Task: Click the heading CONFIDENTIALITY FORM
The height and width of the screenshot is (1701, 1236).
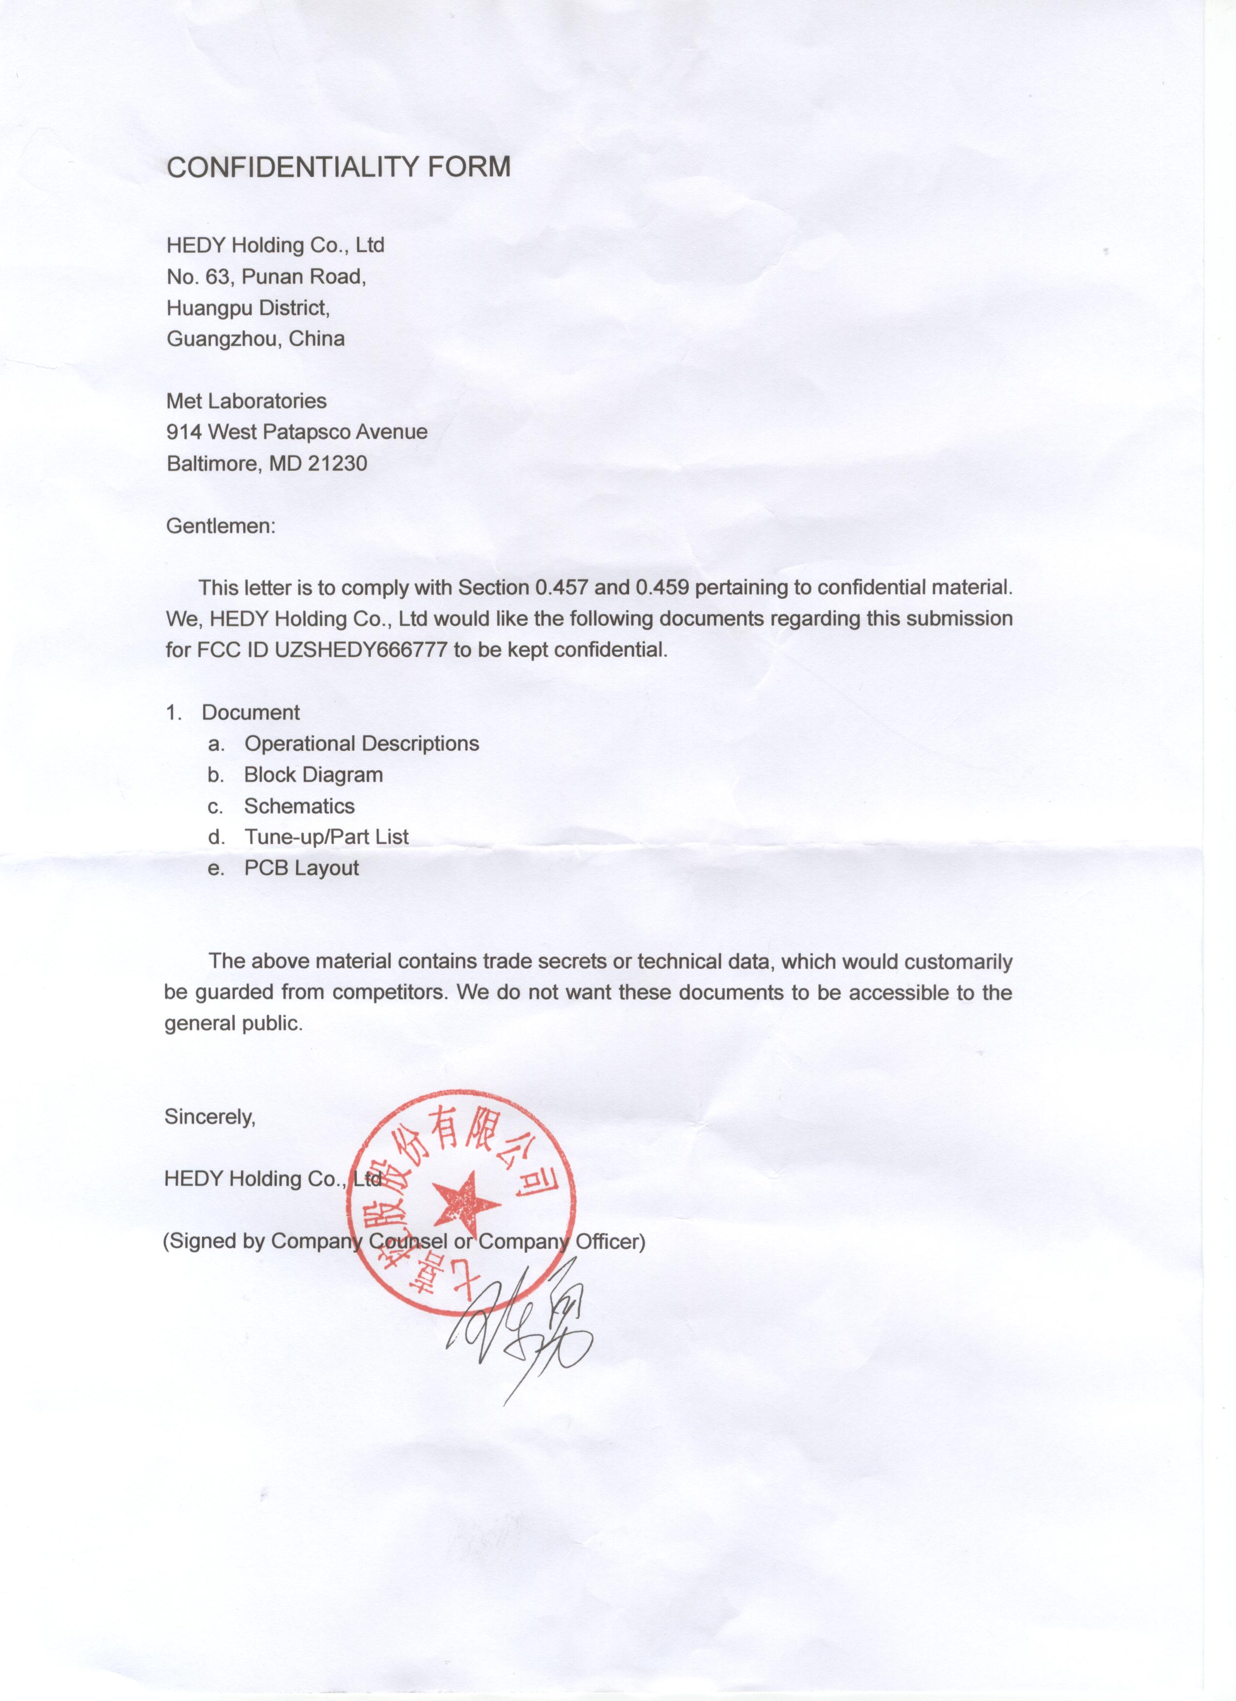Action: (338, 166)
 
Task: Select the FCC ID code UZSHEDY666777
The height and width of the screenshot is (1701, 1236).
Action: (362, 650)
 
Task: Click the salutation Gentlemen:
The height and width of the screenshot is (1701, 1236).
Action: (221, 526)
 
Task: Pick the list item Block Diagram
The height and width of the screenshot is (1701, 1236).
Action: (314, 775)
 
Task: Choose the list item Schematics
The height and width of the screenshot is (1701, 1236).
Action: (299, 806)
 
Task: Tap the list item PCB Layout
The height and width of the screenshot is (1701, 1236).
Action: (301, 869)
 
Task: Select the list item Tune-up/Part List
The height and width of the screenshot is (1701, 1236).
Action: (326, 837)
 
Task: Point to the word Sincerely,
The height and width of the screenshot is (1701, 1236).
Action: (210, 1117)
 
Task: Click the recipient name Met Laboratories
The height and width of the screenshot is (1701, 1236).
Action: (246, 401)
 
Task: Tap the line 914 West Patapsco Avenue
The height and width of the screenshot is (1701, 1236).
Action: (297, 432)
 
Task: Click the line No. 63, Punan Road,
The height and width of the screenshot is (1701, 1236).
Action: (266, 277)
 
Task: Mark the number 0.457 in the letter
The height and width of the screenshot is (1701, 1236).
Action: (561, 587)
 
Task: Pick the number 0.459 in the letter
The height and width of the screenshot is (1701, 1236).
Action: (662, 587)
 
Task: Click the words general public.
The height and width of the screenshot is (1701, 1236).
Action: (233, 1024)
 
